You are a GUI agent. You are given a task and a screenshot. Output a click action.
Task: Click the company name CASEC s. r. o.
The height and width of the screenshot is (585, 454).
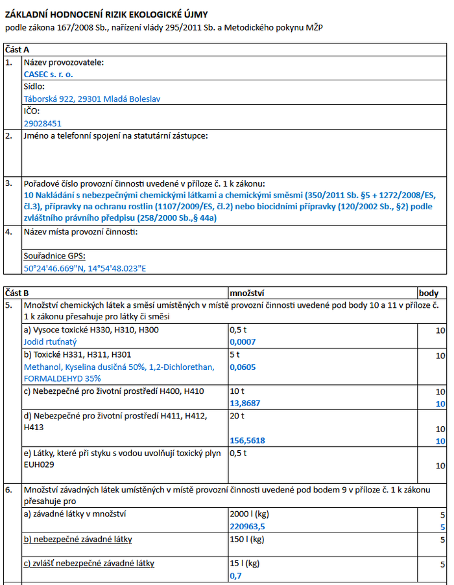pyautogui.click(x=49, y=75)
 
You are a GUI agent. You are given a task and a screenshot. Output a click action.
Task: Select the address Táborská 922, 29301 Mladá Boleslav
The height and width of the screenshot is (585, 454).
pyautogui.click(x=92, y=99)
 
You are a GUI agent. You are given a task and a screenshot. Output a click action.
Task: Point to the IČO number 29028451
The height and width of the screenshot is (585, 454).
pyautogui.click(x=43, y=123)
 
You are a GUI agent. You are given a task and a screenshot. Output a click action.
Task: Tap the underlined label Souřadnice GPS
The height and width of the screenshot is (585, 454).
pyautogui.click(x=54, y=256)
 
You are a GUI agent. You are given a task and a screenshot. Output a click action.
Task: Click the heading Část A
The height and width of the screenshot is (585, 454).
pyautogui.click(x=17, y=49)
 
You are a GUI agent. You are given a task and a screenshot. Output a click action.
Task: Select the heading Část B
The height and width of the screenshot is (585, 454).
pyautogui.click(x=17, y=293)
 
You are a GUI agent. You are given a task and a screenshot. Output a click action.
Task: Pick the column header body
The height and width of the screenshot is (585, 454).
pyautogui.click(x=429, y=293)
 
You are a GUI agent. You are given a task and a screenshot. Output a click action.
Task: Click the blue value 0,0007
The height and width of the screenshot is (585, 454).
pyautogui.click(x=243, y=341)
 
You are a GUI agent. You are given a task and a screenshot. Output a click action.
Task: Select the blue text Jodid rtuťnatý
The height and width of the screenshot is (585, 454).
pyautogui.click(x=51, y=341)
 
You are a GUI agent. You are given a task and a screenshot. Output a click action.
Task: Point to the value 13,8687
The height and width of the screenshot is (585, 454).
pyautogui.click(x=245, y=403)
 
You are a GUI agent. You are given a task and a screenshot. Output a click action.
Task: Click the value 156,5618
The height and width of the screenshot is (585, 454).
pyautogui.click(x=248, y=441)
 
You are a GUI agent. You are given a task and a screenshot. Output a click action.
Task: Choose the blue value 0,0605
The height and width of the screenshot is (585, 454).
pyautogui.click(x=243, y=367)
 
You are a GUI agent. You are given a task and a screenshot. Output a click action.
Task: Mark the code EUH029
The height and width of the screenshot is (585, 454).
pyautogui.click(x=40, y=465)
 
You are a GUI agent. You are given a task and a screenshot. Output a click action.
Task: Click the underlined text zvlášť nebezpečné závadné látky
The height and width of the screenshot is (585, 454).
pyautogui.click(x=90, y=564)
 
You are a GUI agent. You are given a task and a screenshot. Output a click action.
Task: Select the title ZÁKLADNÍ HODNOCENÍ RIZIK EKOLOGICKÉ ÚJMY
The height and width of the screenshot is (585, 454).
pyautogui.click(x=107, y=14)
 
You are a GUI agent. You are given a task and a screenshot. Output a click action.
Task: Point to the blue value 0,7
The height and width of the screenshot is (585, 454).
pyautogui.click(x=236, y=575)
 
